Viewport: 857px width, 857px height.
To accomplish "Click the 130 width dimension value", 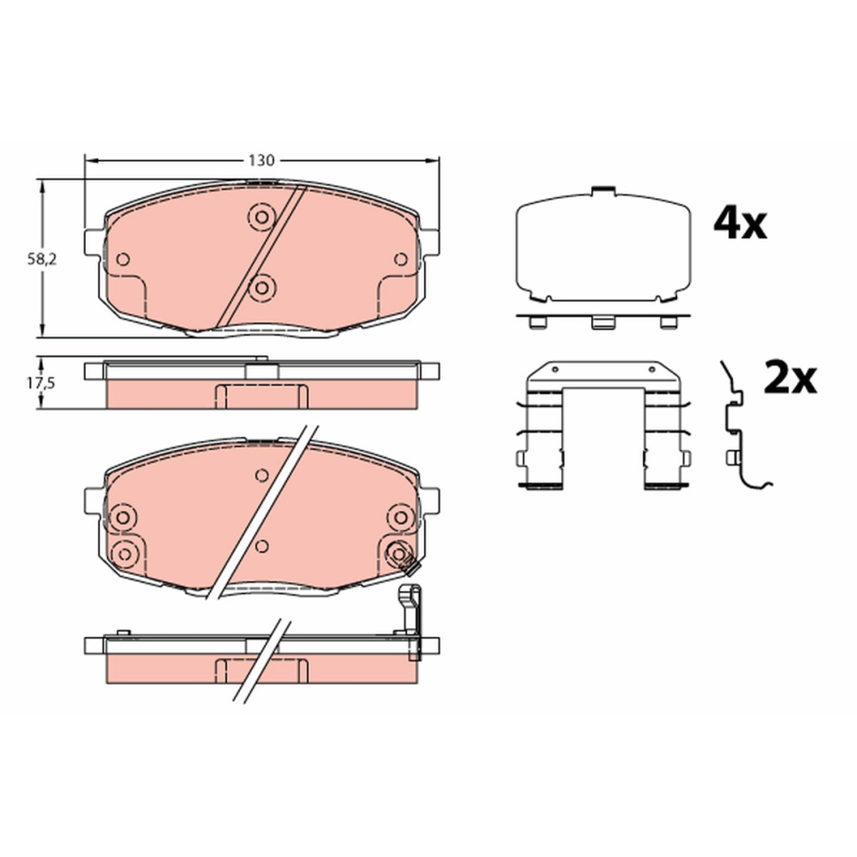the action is coord(261,161).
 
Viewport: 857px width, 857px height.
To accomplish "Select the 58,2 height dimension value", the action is coord(42,260).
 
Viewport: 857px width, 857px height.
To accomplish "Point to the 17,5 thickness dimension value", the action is coord(41,383).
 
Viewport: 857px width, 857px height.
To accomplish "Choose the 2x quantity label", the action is coord(790,378).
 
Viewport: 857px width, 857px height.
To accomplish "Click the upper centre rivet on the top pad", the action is coord(261,217).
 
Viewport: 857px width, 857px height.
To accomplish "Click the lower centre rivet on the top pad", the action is coord(261,287).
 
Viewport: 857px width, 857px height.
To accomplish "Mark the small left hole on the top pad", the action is coord(123,259).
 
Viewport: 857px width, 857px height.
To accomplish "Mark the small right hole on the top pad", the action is coord(400,259).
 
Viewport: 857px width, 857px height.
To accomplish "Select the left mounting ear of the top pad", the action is coord(94,243).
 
